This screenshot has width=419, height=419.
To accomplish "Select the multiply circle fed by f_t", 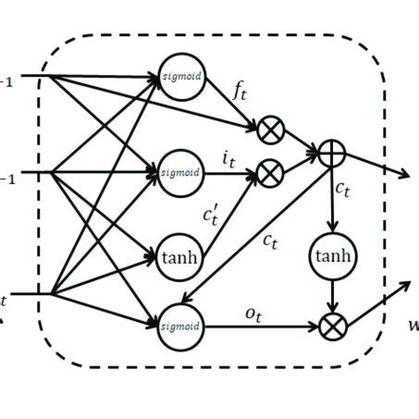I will tap(270, 132).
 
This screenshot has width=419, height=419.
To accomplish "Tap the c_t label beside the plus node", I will tap(344, 191).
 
